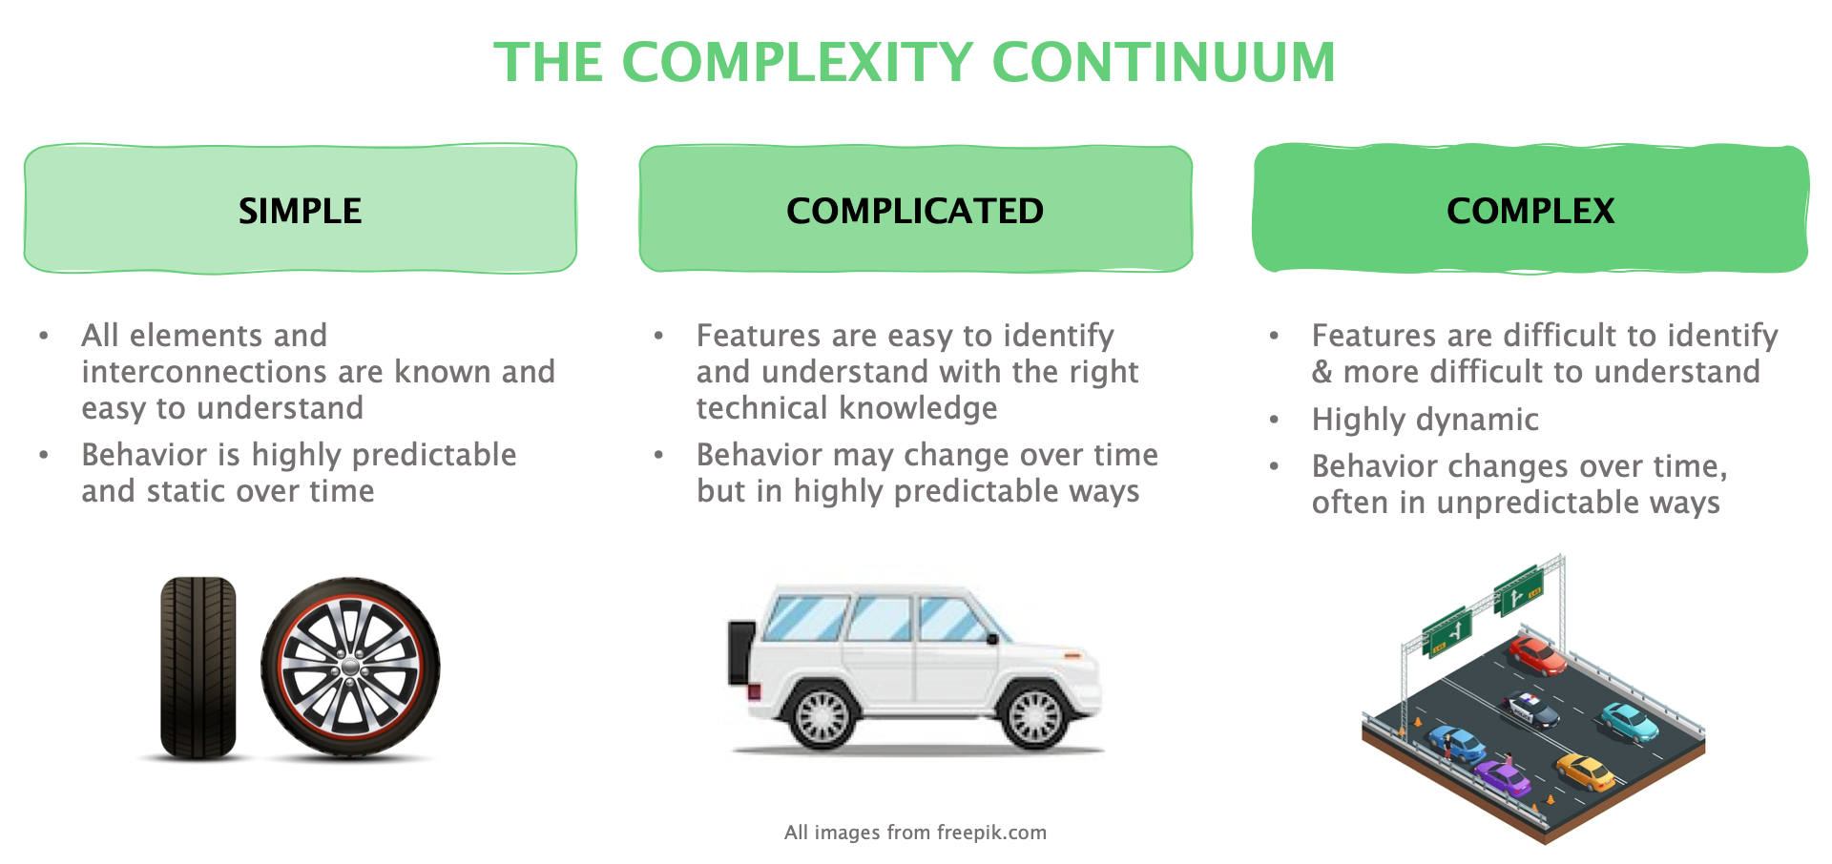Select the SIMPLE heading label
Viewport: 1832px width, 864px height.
click(300, 211)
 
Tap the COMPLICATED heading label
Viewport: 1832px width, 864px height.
click(915, 211)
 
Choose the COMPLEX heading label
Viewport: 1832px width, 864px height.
click(1530, 211)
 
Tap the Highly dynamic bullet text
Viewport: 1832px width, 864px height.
click(1425, 420)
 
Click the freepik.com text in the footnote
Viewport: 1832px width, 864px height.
click(991, 833)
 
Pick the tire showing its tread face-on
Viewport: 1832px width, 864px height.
click(198, 668)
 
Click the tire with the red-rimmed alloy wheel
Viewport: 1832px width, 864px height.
click(350, 668)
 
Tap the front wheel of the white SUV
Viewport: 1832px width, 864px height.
click(1034, 715)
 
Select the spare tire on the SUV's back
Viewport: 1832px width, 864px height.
click(740, 653)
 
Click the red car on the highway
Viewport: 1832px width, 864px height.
click(1536, 655)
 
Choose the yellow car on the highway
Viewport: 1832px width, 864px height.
click(1586, 771)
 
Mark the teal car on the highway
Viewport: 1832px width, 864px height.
click(1630, 721)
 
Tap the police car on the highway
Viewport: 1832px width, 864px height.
click(1530, 709)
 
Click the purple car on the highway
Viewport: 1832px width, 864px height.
click(1502, 777)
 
